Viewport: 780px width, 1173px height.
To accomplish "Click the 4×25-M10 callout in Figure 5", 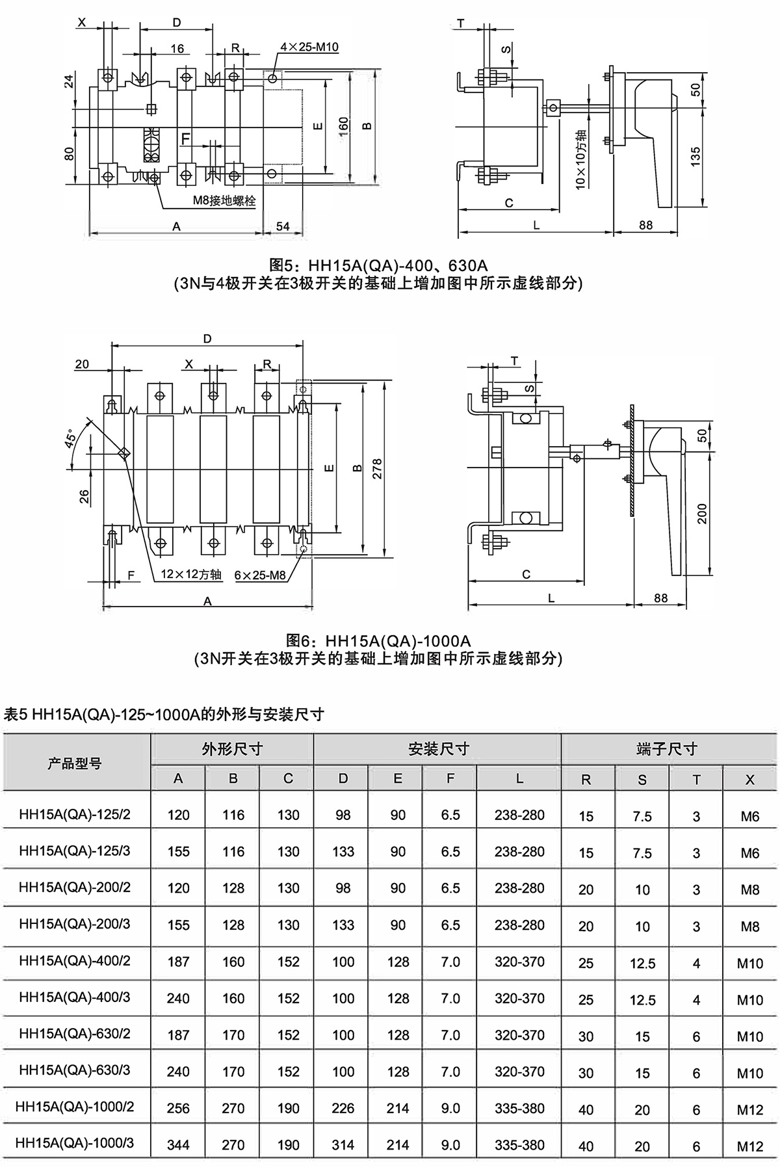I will (x=309, y=47).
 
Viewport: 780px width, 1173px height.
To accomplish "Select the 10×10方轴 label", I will (x=580, y=159).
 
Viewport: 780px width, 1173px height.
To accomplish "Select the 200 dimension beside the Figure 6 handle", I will (x=702, y=514).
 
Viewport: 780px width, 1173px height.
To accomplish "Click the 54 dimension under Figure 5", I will (x=283, y=226).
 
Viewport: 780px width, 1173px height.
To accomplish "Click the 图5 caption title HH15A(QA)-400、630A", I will (x=378, y=265).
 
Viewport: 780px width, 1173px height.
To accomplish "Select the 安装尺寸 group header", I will (x=437, y=749).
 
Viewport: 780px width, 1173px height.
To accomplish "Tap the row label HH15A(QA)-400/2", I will (x=75, y=961).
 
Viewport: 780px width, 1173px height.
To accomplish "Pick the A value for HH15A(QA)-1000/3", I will (x=178, y=1144).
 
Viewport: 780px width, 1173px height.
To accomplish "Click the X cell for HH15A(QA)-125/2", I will (x=749, y=816).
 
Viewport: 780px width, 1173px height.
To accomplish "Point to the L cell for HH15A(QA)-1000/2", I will (x=519, y=1108).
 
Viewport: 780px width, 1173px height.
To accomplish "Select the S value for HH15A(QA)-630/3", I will (x=642, y=1072).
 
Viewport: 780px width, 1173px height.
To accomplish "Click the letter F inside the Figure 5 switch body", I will (x=186, y=138).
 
